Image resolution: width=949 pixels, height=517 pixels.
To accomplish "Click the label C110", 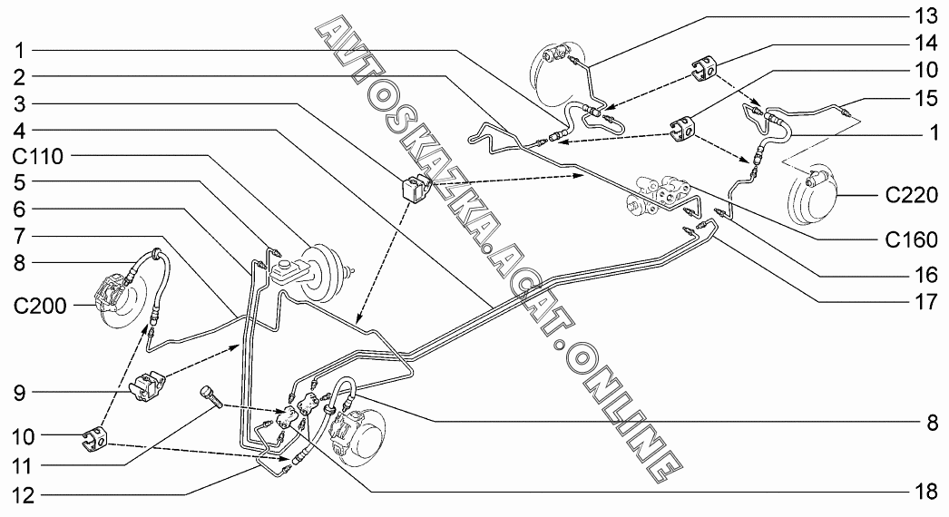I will (x=37, y=156).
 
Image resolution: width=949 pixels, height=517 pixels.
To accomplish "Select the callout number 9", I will (x=18, y=393).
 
